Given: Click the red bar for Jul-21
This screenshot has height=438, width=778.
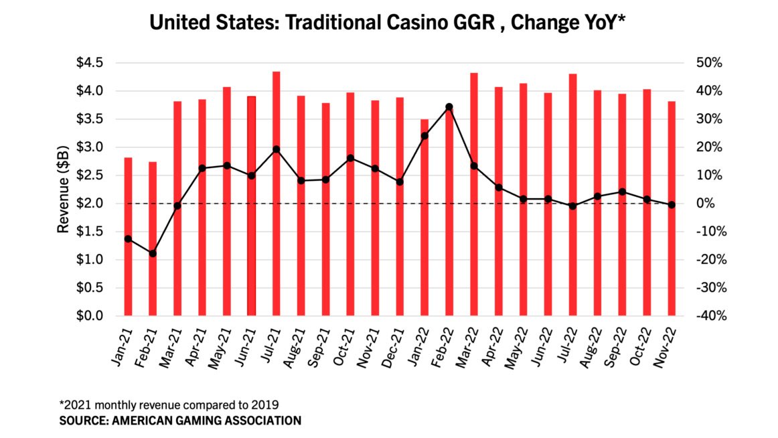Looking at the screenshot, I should pos(276,194).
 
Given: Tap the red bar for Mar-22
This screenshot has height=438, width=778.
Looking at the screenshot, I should pos(474,194).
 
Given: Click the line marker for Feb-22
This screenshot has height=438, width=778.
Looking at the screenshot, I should pos(449,106).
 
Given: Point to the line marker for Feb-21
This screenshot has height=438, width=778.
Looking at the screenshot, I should pos(153,253).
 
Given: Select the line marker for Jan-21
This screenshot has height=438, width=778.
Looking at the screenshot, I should pos(128,239).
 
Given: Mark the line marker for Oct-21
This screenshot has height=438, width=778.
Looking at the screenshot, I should pos(350,158).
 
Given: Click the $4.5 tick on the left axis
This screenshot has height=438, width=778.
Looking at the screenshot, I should pos(90,63).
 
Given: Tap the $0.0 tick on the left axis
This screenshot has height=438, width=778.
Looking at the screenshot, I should pos(90,315).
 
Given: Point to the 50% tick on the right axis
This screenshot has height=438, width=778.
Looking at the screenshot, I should pos(709,63).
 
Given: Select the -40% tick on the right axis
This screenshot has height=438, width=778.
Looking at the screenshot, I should pos(708,315).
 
